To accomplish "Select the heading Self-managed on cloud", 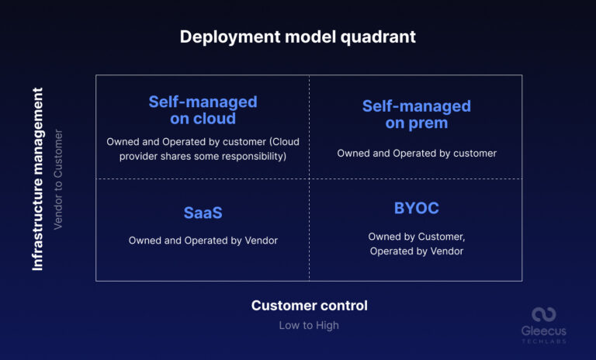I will point(203,110).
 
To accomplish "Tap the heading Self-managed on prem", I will point(416,114).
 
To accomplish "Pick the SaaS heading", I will point(203,213).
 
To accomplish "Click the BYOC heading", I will point(416,208).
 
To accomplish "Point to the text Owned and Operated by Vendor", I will point(203,241).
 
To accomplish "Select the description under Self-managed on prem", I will point(416,154).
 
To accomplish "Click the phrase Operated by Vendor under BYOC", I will point(416,251).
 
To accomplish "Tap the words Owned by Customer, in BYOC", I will point(416,237).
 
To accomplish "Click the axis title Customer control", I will point(309,306).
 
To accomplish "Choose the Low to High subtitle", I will point(309,326).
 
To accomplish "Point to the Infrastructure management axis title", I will point(37,178).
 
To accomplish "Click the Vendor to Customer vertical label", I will point(58,179).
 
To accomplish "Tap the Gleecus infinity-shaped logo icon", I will point(543,314).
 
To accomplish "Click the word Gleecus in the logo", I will point(543,331).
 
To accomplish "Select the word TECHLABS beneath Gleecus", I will point(543,341).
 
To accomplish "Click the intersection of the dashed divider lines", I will point(309,179).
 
